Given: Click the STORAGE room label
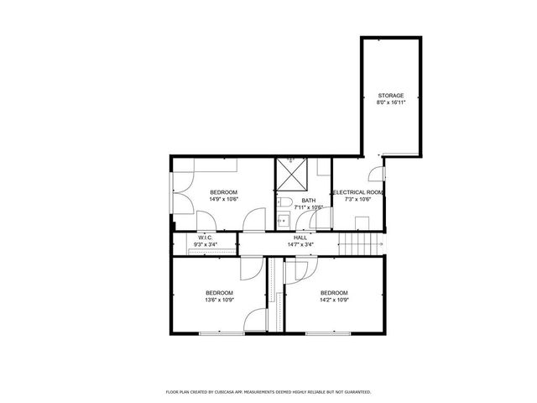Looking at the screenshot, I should [390, 96].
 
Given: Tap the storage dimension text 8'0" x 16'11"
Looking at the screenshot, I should [390, 102].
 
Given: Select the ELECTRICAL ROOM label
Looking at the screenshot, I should [359, 192].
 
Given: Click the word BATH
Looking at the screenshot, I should [309, 200].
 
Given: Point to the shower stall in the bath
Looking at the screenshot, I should [292, 175].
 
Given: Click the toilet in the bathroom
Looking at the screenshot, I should [284, 202].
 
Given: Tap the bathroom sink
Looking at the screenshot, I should [284, 222].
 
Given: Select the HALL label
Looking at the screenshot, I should [300, 238].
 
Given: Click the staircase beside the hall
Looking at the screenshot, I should [354, 244].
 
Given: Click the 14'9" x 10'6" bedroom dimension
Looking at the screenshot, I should [224, 200].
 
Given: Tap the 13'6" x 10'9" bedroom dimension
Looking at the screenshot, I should [219, 299].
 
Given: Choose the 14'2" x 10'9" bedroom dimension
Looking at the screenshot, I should [333, 299].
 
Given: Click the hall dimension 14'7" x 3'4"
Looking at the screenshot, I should [300, 244].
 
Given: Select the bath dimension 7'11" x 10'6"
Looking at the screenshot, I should [309, 207].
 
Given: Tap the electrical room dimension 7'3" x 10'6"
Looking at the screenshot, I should [359, 200].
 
